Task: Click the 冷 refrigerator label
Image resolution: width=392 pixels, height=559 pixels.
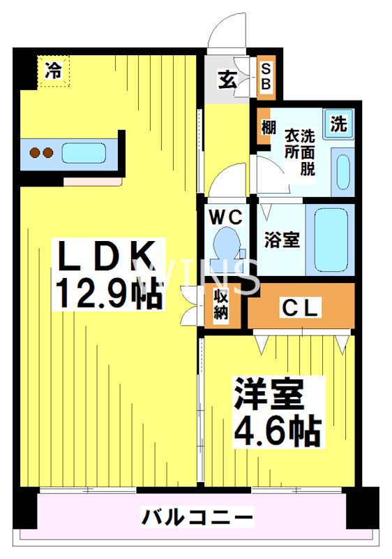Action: click(54, 70)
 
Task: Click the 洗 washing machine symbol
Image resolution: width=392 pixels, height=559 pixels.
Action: click(338, 125)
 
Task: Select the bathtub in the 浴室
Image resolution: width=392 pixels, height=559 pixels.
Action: click(331, 239)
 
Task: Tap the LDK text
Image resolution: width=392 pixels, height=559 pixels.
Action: click(107, 258)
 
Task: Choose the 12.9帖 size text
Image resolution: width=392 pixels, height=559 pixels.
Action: click(108, 295)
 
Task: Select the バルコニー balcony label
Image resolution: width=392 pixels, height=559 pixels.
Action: click(197, 518)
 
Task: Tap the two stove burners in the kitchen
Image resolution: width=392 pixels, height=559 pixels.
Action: click(39, 152)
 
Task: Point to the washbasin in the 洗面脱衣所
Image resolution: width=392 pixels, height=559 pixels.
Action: click(342, 170)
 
